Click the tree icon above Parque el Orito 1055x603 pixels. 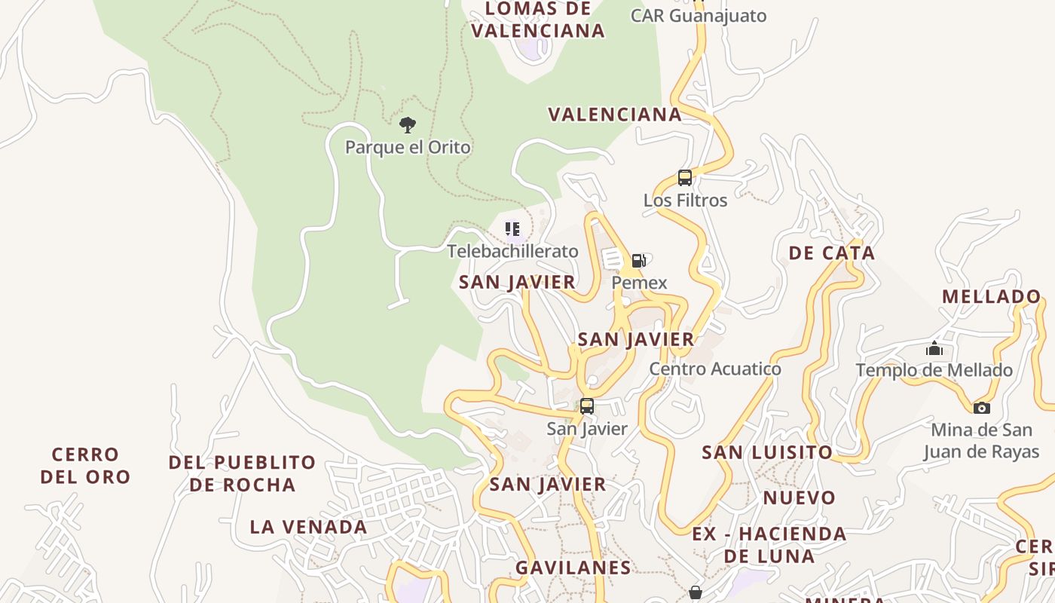pos(408,124)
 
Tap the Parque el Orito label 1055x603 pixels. pos(408,147)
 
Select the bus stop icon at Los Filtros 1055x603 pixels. pos(684,178)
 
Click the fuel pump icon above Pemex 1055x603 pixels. pos(638,261)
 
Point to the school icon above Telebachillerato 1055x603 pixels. pos(512,228)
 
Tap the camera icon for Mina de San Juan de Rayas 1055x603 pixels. pos(981,408)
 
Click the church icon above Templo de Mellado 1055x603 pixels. pos(934,348)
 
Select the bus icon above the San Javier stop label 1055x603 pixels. pos(586,406)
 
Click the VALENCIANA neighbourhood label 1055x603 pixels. pos(614,115)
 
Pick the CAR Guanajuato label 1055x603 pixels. pos(698,16)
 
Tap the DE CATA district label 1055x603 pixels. pos(832,253)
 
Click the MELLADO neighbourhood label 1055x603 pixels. pos(991,296)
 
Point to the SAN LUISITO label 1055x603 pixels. pos(767,452)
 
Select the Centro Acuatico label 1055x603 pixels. pos(715,369)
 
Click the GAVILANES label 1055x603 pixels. pos(573,568)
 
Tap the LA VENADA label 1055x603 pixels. pos(308,527)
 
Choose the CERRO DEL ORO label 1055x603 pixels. pos(85,465)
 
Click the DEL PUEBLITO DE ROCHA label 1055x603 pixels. pos(242,473)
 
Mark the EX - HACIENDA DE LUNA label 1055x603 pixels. pos(769,545)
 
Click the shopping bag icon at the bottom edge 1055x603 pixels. pos(696,592)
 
